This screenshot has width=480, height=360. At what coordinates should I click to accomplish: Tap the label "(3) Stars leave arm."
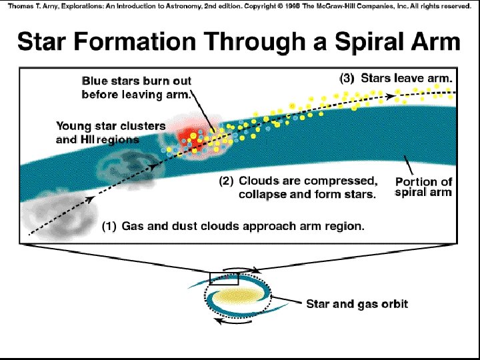click(396, 78)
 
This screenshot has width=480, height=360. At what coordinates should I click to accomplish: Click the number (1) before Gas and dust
click(109, 226)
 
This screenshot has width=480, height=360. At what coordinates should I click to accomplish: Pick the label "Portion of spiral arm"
click(423, 187)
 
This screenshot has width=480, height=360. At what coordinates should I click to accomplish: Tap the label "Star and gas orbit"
click(357, 304)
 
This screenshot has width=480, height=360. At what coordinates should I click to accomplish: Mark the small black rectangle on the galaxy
click(224, 278)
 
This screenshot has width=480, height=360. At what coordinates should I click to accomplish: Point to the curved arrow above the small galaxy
click(243, 269)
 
